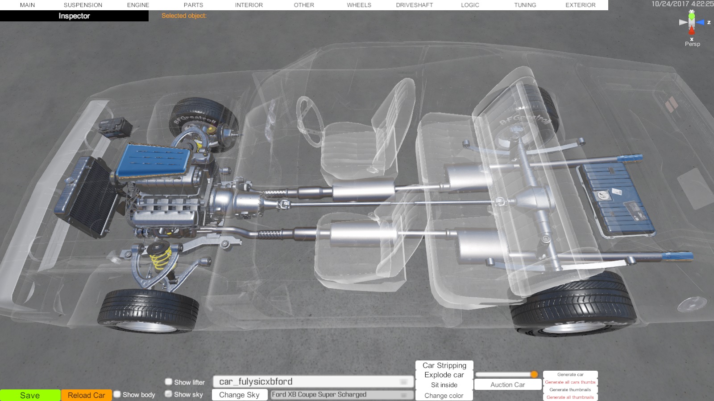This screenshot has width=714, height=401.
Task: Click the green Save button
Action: coord(30,395)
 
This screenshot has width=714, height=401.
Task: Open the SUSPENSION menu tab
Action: coord(83,5)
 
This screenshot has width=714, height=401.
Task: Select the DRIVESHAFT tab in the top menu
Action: coord(415,5)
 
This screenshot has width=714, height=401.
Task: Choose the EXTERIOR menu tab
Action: coord(581,5)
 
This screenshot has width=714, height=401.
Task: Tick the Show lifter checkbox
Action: coord(169,381)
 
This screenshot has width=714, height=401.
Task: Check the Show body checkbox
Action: coord(117,394)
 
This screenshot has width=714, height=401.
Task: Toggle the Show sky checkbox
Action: coord(169,394)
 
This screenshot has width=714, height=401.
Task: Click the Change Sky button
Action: coord(239,395)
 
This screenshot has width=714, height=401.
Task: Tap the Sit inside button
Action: coord(444,385)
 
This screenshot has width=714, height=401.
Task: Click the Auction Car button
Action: coord(507,385)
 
